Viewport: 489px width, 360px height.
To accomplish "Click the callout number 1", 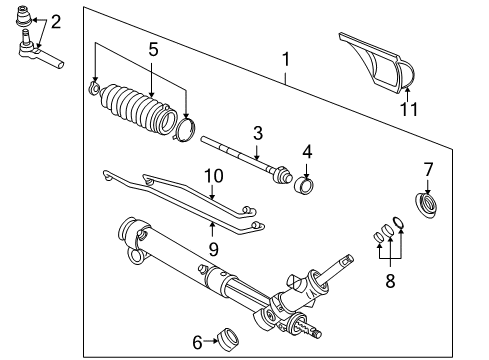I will click(287, 59).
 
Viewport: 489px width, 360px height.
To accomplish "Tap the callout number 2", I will click(55, 21).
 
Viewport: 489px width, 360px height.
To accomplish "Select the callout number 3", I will click(257, 131).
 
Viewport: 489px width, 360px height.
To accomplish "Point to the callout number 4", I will click(308, 151).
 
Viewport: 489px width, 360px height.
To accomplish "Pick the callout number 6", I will click(196, 342).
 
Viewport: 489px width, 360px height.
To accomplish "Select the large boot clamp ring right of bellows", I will click(185, 129).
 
